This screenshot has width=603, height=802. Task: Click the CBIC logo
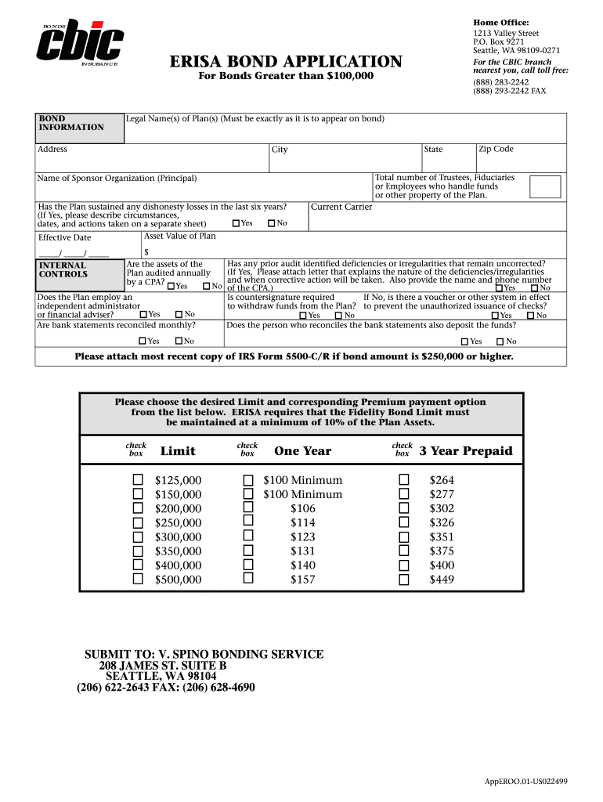click(x=81, y=42)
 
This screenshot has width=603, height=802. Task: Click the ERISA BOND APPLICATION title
click(x=286, y=62)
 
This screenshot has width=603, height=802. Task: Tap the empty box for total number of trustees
click(x=545, y=187)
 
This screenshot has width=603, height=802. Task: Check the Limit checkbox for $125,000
click(x=138, y=480)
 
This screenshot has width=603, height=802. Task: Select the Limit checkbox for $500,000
click(x=138, y=580)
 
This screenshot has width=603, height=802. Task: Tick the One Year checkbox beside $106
click(x=248, y=508)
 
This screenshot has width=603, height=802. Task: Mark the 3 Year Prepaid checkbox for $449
click(x=404, y=580)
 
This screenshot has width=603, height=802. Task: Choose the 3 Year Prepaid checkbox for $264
click(x=404, y=480)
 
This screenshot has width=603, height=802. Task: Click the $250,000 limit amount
click(x=178, y=523)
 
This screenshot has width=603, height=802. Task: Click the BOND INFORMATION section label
click(x=70, y=123)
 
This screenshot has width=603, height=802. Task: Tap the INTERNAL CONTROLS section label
click(x=63, y=270)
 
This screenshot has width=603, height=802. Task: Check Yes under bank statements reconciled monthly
click(x=143, y=341)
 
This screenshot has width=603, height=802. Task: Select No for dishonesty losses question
click(x=272, y=224)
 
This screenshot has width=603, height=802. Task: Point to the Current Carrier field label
click(x=341, y=208)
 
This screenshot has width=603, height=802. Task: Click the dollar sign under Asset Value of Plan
click(x=146, y=252)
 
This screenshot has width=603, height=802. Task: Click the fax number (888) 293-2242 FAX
click(x=509, y=91)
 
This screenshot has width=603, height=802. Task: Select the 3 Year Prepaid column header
click(x=466, y=451)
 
